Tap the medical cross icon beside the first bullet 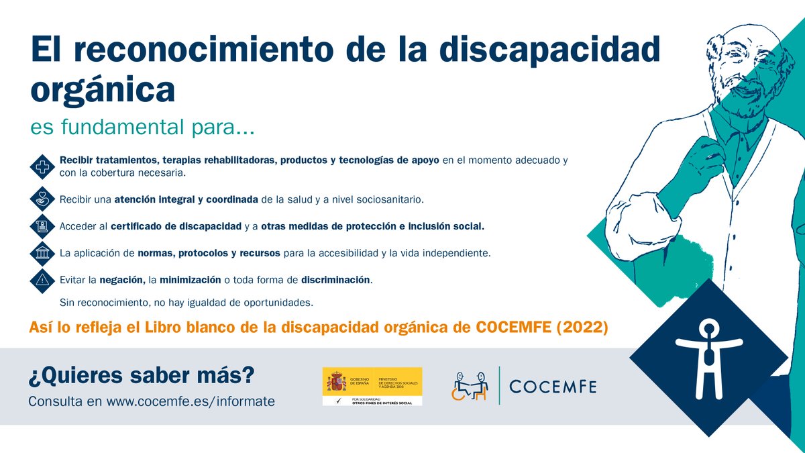(x=43, y=167)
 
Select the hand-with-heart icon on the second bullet (x=43, y=199)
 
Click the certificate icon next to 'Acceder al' (x=43, y=226)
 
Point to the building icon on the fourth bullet (x=43, y=253)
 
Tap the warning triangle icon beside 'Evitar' (x=43, y=280)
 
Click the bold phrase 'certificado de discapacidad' (x=175, y=226)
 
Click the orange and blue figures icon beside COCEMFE (x=470, y=386)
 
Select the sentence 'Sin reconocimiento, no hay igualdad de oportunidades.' (x=186, y=303)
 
